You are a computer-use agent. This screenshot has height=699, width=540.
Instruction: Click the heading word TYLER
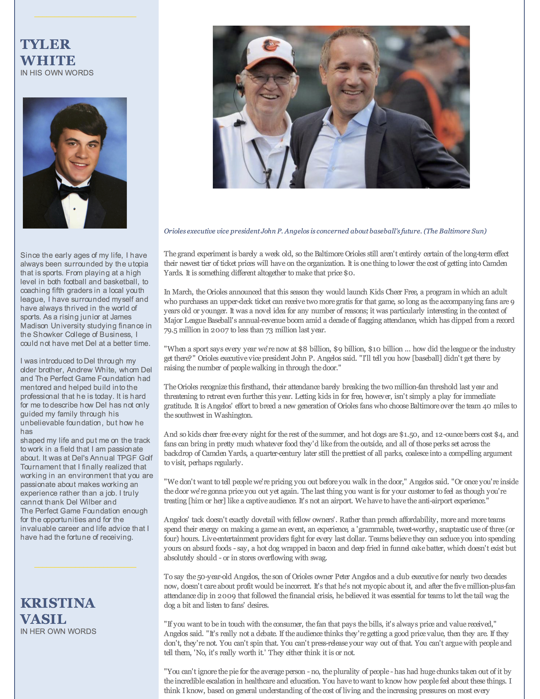46,44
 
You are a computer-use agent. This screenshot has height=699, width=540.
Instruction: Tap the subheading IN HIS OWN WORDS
57,73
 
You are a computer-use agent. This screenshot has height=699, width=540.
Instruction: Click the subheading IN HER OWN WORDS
58,631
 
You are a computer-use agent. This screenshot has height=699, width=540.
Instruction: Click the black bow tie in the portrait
74,191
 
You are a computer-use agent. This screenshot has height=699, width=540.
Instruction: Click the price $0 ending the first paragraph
349,273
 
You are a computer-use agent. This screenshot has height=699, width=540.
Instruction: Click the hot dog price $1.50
408,434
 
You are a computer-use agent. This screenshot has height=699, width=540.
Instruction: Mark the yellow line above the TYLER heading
85,17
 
